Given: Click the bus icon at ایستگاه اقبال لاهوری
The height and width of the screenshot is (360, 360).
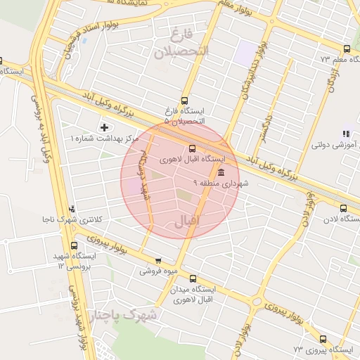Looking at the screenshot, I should point(193,148).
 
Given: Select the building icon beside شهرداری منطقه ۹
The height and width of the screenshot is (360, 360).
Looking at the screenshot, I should point(221,172).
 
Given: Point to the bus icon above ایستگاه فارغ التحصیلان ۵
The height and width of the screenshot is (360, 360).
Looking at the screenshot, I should point(184,100).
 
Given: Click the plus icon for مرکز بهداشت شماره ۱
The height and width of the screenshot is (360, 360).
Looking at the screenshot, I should point(105,127).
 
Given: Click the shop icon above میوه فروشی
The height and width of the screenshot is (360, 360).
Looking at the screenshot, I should point(158,260).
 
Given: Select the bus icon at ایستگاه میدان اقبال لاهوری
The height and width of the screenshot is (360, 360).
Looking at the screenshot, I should point(193,278).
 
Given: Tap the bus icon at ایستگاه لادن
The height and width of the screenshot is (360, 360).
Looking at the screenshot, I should point(343,208).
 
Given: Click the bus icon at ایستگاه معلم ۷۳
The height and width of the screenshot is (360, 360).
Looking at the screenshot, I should point(347,49).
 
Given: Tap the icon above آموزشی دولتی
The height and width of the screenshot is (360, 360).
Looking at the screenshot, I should point(345,134).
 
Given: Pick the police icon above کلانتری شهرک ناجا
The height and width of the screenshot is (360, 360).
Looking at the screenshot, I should point(74,208).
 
